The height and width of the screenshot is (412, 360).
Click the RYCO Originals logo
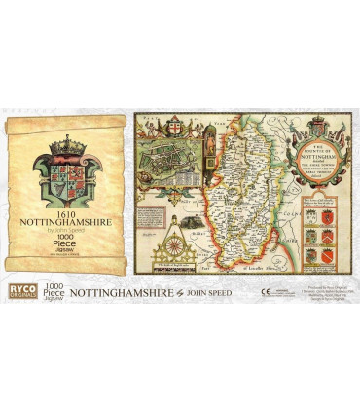click(17, 291)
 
